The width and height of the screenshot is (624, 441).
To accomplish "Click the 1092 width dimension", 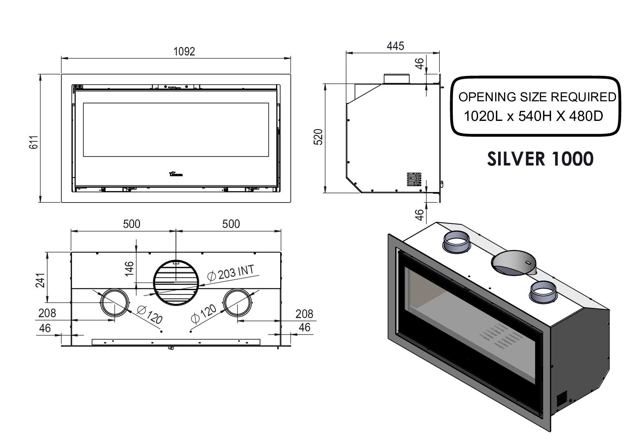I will (x=184, y=51).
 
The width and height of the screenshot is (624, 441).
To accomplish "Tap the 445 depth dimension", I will (x=395, y=46).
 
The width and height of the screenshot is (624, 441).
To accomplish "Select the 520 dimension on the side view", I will (x=318, y=137).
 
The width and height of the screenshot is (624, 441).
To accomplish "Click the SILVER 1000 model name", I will (x=540, y=159).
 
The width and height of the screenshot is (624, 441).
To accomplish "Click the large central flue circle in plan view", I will (x=175, y=283).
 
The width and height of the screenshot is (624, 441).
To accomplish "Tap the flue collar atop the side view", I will (x=396, y=79).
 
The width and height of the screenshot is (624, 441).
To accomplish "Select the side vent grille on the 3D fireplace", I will (x=562, y=398).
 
